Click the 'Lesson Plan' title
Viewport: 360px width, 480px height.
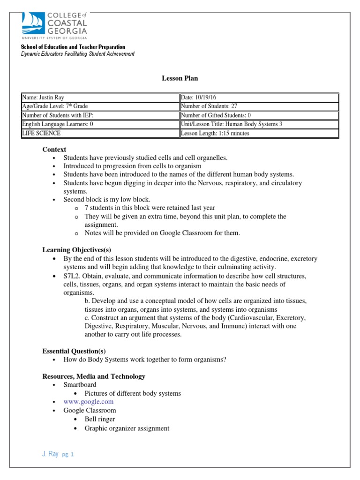[x=180, y=78]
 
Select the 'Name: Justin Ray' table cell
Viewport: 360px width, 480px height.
[x=100, y=97]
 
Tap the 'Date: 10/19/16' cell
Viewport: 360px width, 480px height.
[x=259, y=97]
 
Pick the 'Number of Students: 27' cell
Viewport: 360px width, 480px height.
[x=259, y=106]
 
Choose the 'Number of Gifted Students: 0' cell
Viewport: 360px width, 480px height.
[x=259, y=115]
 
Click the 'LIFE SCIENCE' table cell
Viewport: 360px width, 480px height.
[x=100, y=134]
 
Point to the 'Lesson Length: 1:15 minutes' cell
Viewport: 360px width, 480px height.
[x=259, y=134]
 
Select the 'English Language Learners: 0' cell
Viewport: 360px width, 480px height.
[x=100, y=125]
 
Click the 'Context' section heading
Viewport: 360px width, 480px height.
[x=54, y=149]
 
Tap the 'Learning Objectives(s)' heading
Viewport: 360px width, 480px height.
[x=76, y=250]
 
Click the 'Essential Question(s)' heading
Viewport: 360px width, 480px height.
[x=74, y=351]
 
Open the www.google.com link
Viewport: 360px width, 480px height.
[x=89, y=402]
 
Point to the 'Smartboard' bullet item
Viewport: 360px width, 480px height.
[x=80, y=385]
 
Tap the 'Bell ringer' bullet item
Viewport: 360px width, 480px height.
[x=99, y=419]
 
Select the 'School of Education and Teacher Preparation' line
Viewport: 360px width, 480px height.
[x=73, y=47]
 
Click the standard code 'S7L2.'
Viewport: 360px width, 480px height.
[x=72, y=276]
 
